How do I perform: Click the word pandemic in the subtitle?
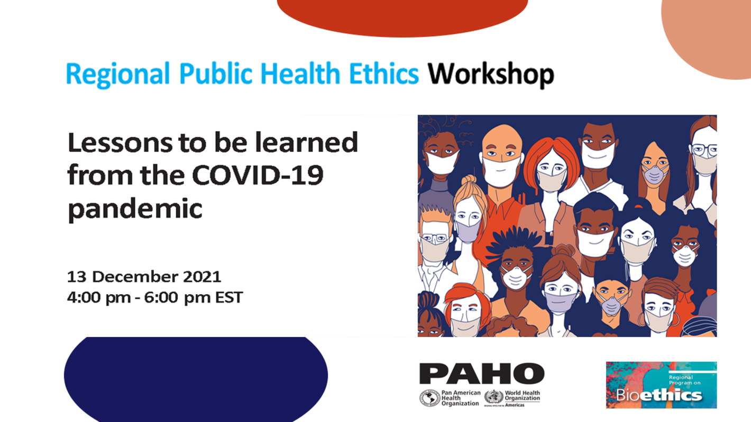coord(135,208)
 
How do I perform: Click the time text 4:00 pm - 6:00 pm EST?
coord(154,297)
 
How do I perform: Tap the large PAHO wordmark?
coord(481,373)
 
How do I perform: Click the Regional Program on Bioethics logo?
coord(661,385)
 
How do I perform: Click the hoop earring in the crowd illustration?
coord(643,319)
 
